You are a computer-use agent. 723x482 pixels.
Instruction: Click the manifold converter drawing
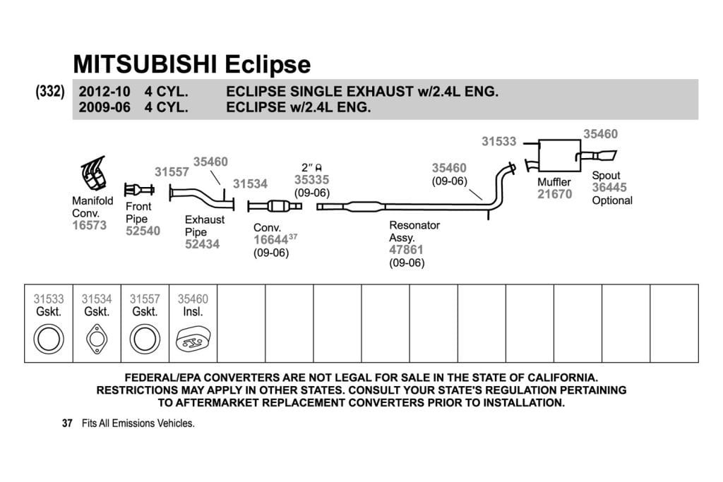(x=94, y=174)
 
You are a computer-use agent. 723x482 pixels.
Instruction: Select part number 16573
(x=89, y=225)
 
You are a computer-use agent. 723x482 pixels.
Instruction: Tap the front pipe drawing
(x=139, y=189)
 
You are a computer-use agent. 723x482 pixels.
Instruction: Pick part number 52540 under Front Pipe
(x=143, y=231)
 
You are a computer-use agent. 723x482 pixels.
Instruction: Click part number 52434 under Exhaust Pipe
(x=202, y=243)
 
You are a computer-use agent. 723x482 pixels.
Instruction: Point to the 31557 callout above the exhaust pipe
(x=172, y=172)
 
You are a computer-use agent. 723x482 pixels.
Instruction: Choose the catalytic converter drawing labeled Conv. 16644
(x=275, y=206)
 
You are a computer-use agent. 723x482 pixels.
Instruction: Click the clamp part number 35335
(x=311, y=180)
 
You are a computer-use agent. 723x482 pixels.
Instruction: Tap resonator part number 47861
(x=406, y=250)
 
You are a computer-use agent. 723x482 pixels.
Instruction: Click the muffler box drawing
(x=560, y=155)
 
